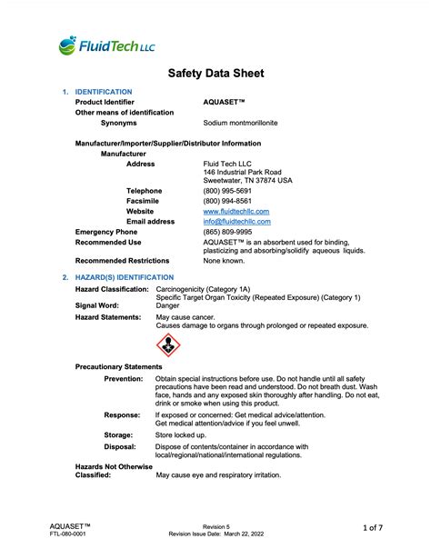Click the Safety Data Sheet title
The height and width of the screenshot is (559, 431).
coord(215,74)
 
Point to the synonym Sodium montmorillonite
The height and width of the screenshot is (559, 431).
coord(241,122)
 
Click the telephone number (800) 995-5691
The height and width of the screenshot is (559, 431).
coord(227,191)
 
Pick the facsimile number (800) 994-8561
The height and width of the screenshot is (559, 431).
coord(227,201)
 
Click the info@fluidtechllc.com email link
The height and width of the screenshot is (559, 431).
coord(237,221)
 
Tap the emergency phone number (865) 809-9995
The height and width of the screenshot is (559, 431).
coord(227,232)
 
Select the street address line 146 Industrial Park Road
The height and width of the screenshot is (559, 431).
coord(243,172)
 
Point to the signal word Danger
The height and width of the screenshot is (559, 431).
coord(168,306)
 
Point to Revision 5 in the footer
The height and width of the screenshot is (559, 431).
coord(215,525)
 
